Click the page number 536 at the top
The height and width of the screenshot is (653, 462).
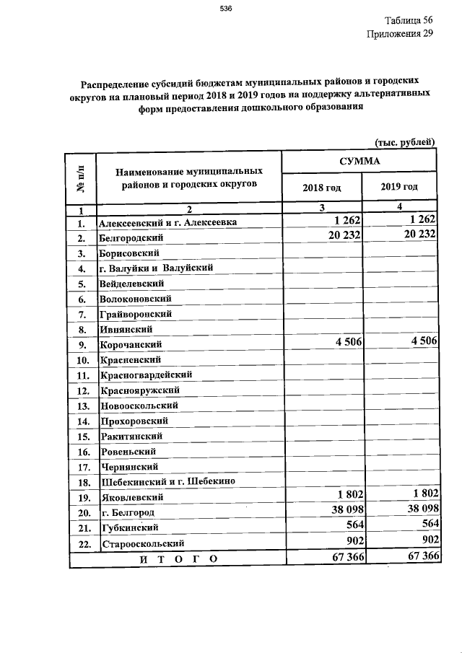pyautogui.click(x=225, y=9)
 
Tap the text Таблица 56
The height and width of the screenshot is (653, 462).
pyautogui.click(x=409, y=20)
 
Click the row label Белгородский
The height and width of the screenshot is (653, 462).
pyautogui.click(x=131, y=237)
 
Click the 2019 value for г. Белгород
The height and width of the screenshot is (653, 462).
pyautogui.click(x=417, y=511)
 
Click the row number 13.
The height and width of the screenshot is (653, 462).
pyautogui.click(x=82, y=406)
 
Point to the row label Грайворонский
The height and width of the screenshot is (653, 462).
pyautogui.click(x=135, y=314)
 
